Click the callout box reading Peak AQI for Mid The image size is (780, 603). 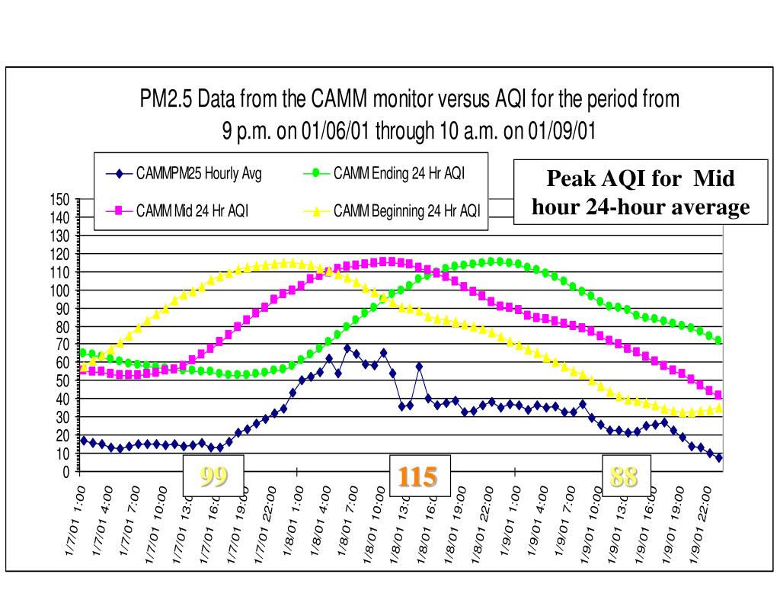[x=641, y=192]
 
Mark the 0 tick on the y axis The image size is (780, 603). [x=66, y=471]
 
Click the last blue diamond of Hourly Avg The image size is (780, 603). [x=718, y=457]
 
